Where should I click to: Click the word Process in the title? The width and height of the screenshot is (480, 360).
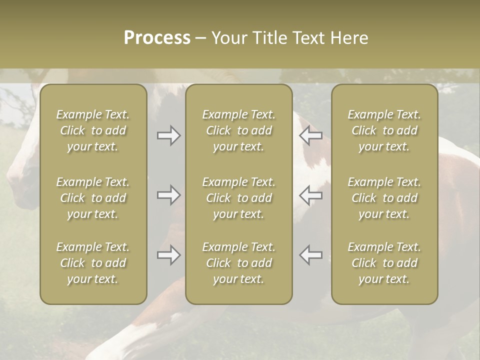157,38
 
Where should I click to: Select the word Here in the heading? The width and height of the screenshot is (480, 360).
349,38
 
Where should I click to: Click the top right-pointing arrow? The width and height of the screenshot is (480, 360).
168,135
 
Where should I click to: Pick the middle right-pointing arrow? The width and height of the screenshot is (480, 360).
168,194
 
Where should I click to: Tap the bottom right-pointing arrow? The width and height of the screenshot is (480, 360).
168,255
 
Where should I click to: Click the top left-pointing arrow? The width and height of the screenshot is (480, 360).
311,135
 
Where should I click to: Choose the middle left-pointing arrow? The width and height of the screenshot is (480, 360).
311,194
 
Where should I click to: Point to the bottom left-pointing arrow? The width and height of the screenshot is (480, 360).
311,255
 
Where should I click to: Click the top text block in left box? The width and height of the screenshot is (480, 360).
93,130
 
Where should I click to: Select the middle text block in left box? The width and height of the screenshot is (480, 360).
93,198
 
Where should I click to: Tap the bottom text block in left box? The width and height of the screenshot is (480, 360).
93,263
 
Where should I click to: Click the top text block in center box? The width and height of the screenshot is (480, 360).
239,130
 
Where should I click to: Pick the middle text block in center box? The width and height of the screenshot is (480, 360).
239,198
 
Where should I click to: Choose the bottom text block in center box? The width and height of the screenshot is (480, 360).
239,263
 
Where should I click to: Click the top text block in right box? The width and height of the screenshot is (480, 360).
384,130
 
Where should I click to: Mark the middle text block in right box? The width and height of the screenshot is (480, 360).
384,198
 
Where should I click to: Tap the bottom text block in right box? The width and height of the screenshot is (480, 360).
384,263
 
